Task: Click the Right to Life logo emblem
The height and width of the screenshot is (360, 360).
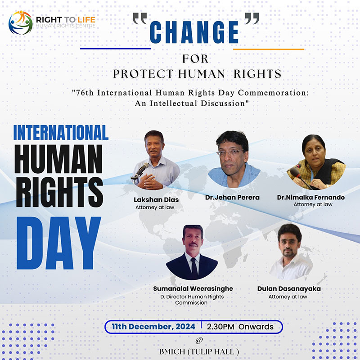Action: click(20, 22)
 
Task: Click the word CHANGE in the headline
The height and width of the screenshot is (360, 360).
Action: click(194, 32)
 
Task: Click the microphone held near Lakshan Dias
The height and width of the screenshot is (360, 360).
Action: click(141, 170)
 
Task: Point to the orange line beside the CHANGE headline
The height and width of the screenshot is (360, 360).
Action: click(269, 49)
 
